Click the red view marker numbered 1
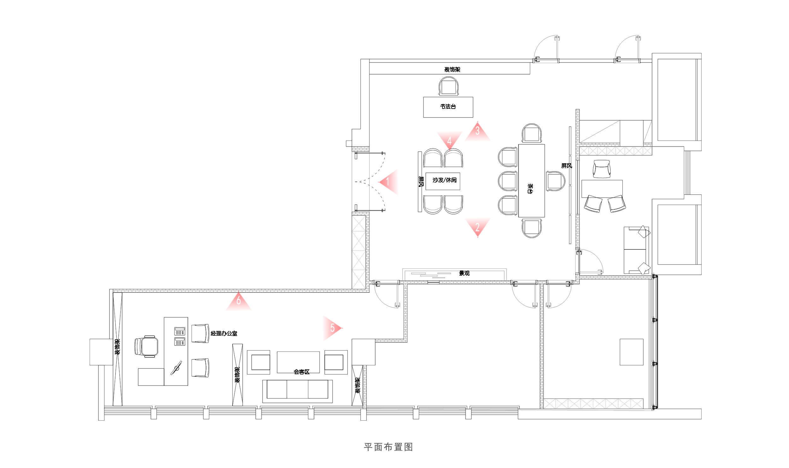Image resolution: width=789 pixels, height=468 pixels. [x=389, y=182]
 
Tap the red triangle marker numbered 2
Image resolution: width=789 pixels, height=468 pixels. [x=478, y=227]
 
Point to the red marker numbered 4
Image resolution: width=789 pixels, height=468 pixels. [x=449, y=140]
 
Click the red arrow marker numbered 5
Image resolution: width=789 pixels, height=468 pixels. [x=332, y=328]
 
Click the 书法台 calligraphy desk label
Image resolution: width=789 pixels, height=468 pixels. [x=448, y=107]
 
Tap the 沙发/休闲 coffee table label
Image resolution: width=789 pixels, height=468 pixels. [x=444, y=180]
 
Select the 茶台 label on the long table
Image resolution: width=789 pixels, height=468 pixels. [x=530, y=189]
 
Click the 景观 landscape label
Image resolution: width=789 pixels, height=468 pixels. [x=464, y=273]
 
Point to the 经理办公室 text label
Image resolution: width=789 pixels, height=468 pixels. [x=224, y=333]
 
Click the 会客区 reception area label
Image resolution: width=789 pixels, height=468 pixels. [x=301, y=372]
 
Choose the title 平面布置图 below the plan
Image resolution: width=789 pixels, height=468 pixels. [x=388, y=447]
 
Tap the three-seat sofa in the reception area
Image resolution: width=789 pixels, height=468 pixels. [x=297, y=390]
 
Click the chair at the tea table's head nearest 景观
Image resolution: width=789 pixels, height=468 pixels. [x=531, y=228]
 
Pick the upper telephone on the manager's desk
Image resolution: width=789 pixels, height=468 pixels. [x=180, y=331]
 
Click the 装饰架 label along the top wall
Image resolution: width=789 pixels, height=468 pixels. [x=452, y=69]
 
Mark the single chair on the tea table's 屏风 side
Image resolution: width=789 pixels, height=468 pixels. [x=555, y=181]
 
